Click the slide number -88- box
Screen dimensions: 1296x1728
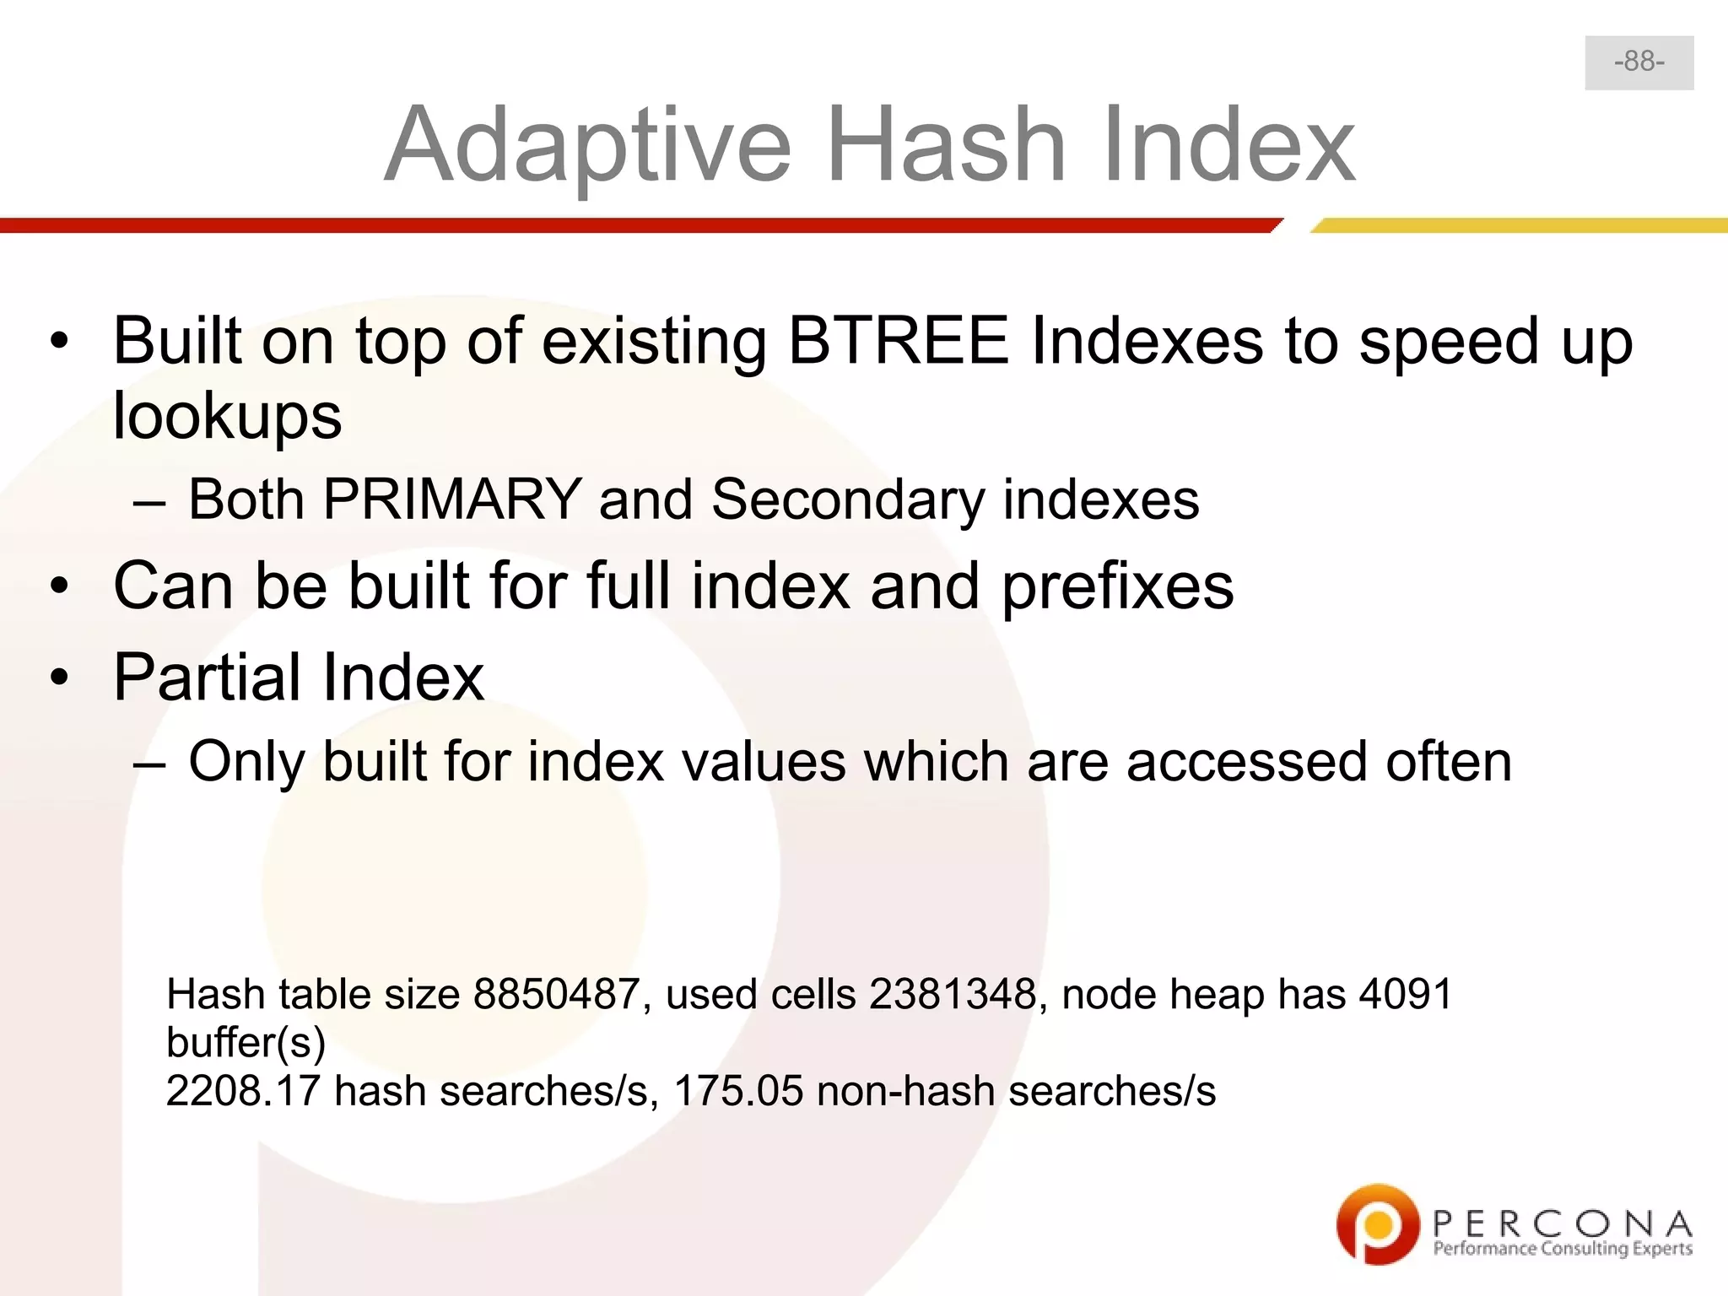pos(1639,62)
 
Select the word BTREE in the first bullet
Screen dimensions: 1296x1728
pos(899,341)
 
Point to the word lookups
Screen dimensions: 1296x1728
pos(227,415)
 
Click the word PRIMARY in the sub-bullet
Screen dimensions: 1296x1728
pos(452,499)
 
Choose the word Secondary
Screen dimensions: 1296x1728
pos(847,499)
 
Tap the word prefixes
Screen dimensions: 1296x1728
pos(1117,586)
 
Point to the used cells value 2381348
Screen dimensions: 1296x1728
pos(953,994)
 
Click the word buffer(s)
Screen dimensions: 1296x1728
pos(246,1043)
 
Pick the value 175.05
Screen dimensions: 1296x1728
pos(738,1091)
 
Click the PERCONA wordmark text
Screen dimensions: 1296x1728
pos(1562,1223)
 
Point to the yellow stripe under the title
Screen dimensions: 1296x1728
pos(1519,225)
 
